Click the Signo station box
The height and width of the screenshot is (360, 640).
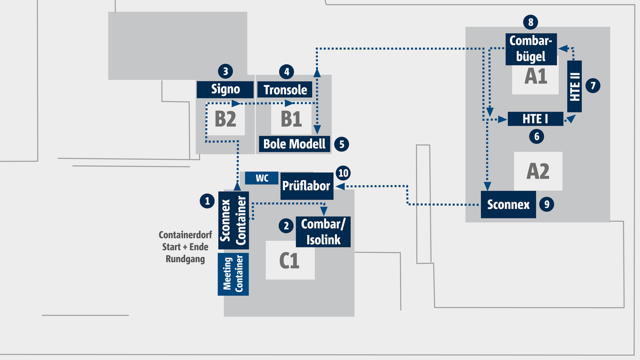(225, 89)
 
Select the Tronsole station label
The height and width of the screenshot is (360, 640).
(285, 90)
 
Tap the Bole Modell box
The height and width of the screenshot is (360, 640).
(295, 144)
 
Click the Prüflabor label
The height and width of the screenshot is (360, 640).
(306, 186)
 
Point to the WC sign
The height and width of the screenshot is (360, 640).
(262, 178)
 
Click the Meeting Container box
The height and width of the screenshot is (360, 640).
(233, 274)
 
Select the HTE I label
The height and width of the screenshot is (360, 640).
(535, 119)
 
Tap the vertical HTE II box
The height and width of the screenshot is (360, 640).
(575, 86)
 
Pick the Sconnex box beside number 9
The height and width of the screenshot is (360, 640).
(508, 204)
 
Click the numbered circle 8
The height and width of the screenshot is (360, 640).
(531, 22)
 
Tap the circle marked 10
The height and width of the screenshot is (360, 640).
(343, 173)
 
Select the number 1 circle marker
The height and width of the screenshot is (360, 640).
(207, 201)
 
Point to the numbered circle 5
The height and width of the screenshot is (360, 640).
(342, 143)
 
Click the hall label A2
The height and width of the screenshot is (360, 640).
(538, 172)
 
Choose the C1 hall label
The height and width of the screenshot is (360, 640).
(289, 260)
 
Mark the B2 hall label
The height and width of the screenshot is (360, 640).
(225, 119)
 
